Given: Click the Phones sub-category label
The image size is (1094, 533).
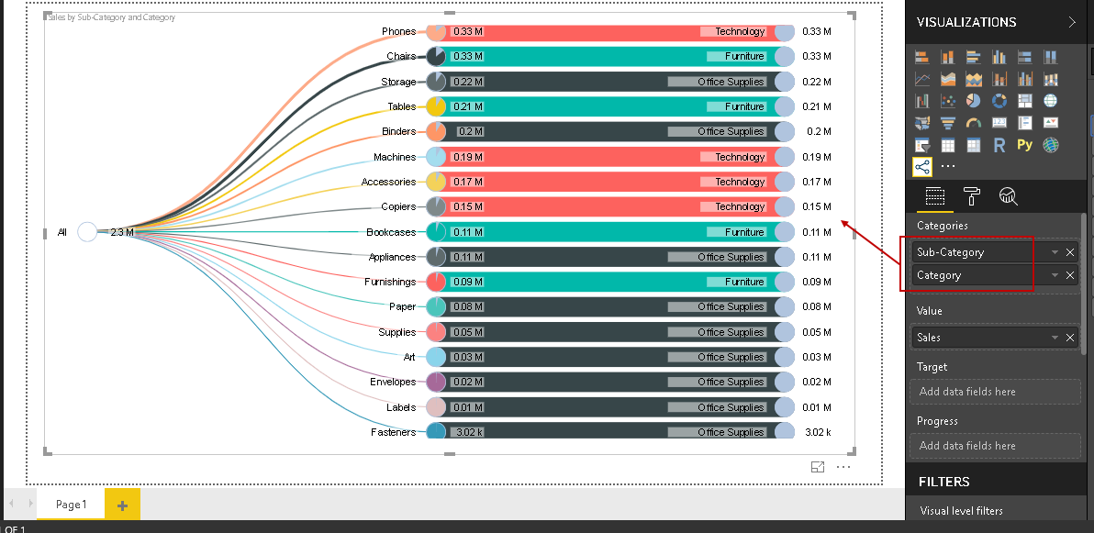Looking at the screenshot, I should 398,31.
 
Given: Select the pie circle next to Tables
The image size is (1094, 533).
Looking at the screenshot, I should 436,106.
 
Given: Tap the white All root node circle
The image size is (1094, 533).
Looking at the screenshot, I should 87,232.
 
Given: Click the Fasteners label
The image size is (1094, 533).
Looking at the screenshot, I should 393,432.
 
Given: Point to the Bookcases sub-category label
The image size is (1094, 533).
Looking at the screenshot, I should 391,232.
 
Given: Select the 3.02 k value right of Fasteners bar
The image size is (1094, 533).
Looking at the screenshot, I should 816,432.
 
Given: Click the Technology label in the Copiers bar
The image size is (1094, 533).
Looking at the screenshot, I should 740,206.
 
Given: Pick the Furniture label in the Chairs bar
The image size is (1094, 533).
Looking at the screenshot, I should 744,56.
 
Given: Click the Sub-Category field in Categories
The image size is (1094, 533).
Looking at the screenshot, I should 973,252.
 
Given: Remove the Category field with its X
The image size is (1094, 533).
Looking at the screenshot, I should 1070,275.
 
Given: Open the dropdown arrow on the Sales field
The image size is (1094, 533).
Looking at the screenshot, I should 1055,338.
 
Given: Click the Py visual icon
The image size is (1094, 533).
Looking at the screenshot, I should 1025,145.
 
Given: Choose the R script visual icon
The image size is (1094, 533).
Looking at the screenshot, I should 999,145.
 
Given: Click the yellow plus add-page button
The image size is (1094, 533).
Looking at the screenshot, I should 122,505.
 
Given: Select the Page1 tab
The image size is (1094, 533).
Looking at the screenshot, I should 71,505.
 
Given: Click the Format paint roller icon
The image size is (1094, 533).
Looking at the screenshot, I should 972,195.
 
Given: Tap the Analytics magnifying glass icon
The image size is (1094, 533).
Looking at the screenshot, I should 1008,195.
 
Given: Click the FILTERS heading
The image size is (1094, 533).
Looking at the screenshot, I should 943,482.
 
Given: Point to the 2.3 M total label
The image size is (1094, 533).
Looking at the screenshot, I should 122,232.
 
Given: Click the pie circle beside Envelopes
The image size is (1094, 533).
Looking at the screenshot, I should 436,382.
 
